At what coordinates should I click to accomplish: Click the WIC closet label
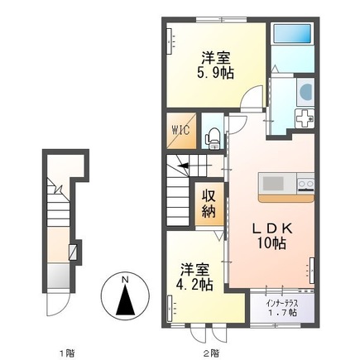(181, 130)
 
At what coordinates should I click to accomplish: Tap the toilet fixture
(213, 139)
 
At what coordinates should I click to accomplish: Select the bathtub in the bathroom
(292, 33)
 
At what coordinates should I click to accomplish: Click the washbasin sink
(305, 92)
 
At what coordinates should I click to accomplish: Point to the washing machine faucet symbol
(305, 118)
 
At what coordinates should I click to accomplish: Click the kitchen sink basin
(273, 184)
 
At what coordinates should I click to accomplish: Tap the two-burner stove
(305, 184)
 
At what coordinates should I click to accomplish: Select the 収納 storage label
(209, 204)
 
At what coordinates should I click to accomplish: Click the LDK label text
(273, 228)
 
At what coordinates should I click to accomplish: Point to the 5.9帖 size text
(215, 74)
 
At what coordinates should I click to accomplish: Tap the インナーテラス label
(282, 304)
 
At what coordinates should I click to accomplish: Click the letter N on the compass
(126, 280)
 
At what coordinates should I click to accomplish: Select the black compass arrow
(126, 300)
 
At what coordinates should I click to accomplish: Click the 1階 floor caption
(68, 353)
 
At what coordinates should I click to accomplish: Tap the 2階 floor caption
(212, 353)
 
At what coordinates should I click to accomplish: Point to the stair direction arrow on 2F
(194, 166)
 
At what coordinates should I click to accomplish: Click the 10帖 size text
(271, 243)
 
